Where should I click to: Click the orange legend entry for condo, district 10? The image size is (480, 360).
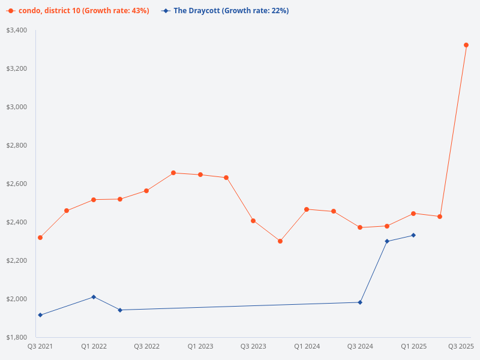pos(78,11)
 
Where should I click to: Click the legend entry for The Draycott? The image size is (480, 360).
pos(225,11)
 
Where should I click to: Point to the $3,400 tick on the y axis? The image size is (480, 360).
pos(17,30)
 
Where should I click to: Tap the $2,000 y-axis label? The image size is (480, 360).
pos(17,299)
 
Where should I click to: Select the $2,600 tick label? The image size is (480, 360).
pos(17,184)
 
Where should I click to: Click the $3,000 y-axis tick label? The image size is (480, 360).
pos(17,107)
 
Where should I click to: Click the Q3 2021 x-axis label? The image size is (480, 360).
pos(40,346)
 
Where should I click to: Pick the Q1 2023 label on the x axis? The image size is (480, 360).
pos(200,346)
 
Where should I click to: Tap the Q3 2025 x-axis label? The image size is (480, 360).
pos(461,346)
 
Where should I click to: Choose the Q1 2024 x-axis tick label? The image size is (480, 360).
pos(307,346)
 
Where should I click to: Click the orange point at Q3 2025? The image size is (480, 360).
pos(466,45)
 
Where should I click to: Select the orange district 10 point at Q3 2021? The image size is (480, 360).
pos(40,238)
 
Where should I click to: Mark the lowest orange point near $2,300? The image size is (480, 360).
pos(280,241)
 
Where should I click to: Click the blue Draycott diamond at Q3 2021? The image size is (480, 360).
pos(40,315)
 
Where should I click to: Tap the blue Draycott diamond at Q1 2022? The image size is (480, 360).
pos(94,297)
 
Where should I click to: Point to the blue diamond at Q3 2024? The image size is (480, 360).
pos(360,302)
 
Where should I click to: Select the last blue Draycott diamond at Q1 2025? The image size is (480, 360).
pos(413,235)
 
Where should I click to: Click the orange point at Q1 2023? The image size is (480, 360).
pos(200,175)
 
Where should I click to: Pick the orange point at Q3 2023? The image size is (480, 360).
pos(253,221)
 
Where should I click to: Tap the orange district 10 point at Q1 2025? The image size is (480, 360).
pos(413,214)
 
